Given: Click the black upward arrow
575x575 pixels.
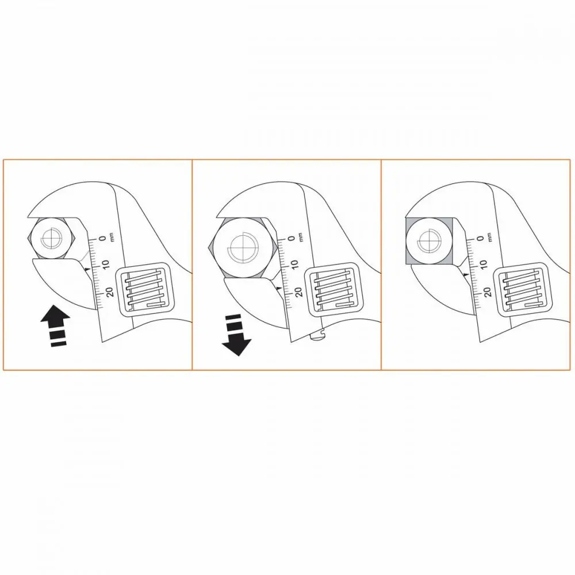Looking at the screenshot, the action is (55, 325).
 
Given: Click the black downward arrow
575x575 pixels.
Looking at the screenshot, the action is (236, 335).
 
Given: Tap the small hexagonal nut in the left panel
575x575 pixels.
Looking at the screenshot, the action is (52, 239).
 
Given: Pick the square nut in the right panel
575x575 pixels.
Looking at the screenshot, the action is (429, 240).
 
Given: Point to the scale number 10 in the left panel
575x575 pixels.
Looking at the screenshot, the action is (105, 264).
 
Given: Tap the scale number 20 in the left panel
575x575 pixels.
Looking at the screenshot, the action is (109, 292).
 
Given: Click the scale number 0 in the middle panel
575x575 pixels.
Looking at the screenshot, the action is (292, 239).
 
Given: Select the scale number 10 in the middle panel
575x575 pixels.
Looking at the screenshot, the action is (294, 264).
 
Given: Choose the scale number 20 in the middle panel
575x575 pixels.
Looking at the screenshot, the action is (298, 292).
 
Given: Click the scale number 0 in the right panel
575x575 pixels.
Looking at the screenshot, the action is (480, 239).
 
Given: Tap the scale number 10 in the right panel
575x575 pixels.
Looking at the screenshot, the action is (483, 264).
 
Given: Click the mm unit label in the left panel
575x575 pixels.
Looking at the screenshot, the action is (112, 236).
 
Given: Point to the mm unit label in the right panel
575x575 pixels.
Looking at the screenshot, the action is (489, 236).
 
